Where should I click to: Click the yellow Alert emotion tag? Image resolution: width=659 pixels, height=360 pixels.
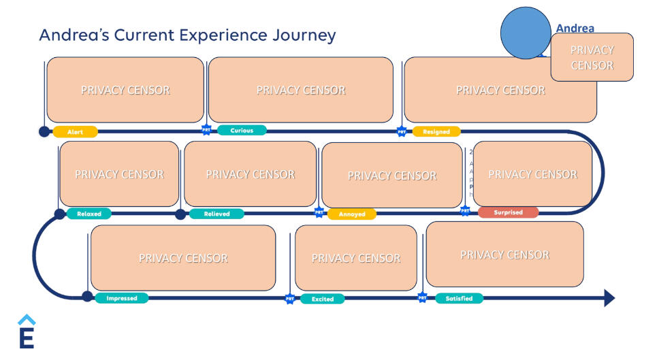[75, 132]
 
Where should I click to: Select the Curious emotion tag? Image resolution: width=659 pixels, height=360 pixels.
[242, 131]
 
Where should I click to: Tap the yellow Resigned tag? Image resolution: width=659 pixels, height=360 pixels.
[436, 131]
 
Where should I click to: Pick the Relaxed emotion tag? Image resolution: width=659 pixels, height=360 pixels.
[89, 214]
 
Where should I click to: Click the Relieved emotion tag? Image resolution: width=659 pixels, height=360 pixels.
[216, 214]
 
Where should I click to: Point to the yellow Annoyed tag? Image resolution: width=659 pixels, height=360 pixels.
[352, 214]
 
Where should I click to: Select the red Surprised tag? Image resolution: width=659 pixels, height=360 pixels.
[508, 212]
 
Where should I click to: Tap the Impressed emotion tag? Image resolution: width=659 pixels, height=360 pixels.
[121, 298]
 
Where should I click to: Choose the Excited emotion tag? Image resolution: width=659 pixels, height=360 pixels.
[322, 299]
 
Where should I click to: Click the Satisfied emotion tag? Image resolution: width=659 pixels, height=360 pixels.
[458, 298]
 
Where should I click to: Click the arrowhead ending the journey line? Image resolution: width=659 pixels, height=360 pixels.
[609, 297]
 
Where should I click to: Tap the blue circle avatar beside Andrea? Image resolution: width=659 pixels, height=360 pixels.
[526, 33]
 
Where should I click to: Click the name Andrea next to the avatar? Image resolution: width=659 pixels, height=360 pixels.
[575, 29]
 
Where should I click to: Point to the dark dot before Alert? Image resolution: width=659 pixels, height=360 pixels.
[44, 131]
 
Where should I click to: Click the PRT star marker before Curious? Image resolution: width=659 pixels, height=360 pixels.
[206, 130]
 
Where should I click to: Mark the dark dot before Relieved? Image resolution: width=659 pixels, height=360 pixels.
[180, 214]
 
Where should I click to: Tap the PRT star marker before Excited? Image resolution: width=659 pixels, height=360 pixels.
[289, 298]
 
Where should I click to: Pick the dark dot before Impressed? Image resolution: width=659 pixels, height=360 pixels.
[87, 296]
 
